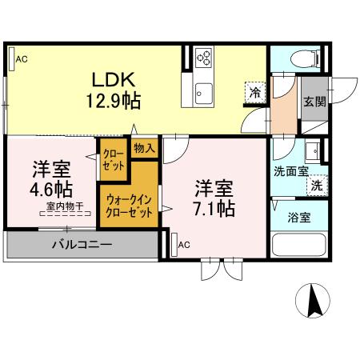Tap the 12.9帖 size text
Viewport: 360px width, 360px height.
coord(117,101)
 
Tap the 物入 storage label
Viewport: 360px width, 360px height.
coord(144,148)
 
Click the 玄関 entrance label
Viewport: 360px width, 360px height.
coord(314,102)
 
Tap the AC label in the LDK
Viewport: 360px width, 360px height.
coord(22,58)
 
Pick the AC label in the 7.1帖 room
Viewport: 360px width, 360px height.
coord(184,244)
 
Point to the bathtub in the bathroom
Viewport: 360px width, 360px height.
coord(300,245)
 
